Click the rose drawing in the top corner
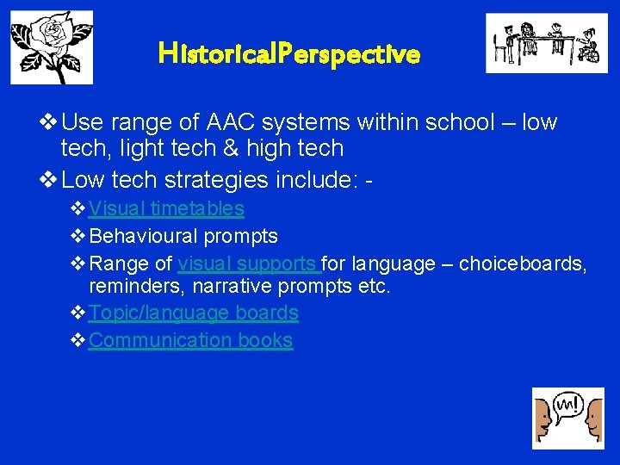click(52, 47)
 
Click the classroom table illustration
click(540, 43)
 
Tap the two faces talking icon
click(567, 418)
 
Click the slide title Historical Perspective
click(289, 55)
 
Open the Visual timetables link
click(166, 208)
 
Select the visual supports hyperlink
click(248, 263)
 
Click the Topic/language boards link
click(193, 313)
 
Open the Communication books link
click(190, 340)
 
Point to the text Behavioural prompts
click(183, 236)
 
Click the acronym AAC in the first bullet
click(222, 122)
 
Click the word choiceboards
click(523, 263)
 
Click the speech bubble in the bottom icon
click(567, 404)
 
